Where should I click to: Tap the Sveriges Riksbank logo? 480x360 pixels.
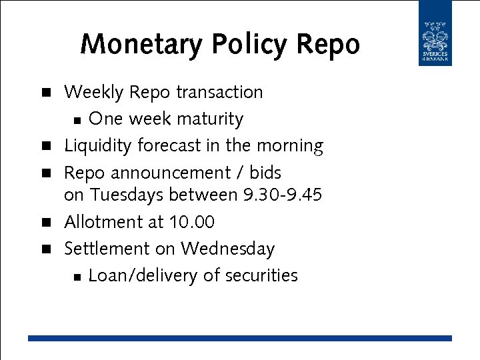(x=435, y=33)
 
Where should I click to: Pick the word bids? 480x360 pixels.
(x=265, y=173)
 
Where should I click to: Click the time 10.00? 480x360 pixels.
(x=192, y=221)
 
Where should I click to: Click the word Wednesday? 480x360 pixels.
(x=227, y=249)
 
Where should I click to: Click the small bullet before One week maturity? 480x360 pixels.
(x=77, y=121)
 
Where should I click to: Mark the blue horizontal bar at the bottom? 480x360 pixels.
(x=240, y=338)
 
